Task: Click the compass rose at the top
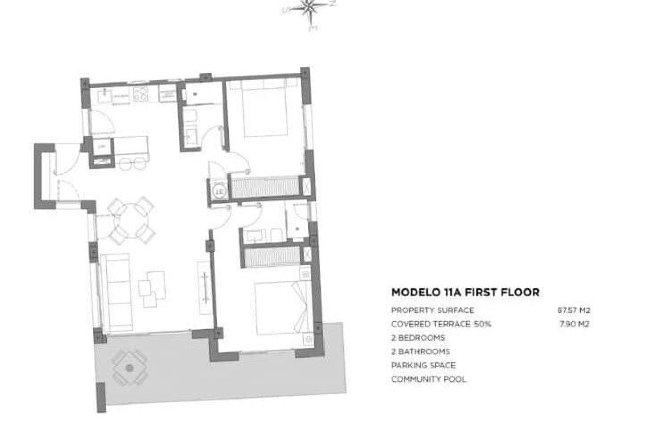pos(309,10)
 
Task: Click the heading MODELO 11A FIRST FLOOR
pos(465,292)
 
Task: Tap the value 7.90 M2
pos(574,324)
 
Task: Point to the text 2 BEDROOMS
pos(418,338)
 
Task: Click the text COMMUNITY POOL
pos(428,379)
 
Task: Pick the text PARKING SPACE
pos(423,365)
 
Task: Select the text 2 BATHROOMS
pos(420,352)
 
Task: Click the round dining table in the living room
pos(131,220)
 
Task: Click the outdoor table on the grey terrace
pos(130,368)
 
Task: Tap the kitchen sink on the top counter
pos(106,94)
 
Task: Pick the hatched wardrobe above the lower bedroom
pos(271,257)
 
